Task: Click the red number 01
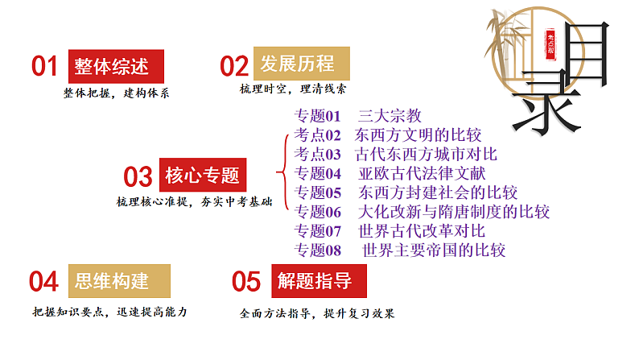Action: click(x=45, y=66)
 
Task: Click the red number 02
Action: click(x=235, y=65)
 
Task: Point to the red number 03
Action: click(x=138, y=176)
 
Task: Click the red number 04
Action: click(x=43, y=282)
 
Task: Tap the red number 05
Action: click(x=246, y=282)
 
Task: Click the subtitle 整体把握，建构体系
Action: click(x=117, y=93)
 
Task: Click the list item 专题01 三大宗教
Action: click(x=358, y=116)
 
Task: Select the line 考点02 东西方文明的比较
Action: click(x=388, y=134)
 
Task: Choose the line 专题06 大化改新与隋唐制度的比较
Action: click(x=423, y=212)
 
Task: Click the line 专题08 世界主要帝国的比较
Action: click(x=400, y=250)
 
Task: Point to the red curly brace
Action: click(x=282, y=172)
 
